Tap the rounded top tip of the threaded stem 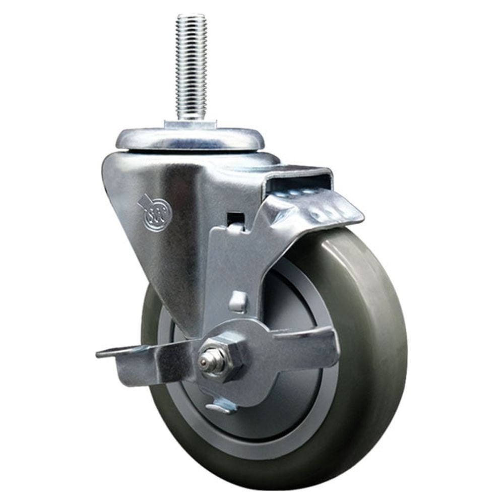point(191,16)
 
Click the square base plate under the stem point(190,124)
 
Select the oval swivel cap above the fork point(190,139)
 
